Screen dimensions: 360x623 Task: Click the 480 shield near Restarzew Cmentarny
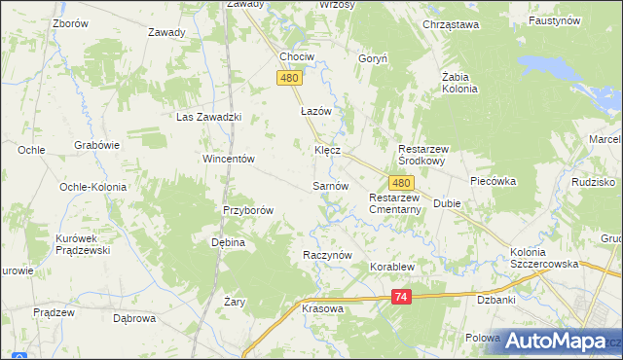coord(402,182)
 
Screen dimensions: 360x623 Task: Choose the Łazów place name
coord(316,112)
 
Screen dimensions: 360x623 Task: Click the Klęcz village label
coord(327,151)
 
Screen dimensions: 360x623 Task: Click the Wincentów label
coord(228,159)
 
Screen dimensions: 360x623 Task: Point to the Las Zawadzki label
coord(207,117)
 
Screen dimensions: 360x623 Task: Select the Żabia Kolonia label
coord(459,82)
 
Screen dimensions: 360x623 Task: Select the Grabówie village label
coord(96,145)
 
